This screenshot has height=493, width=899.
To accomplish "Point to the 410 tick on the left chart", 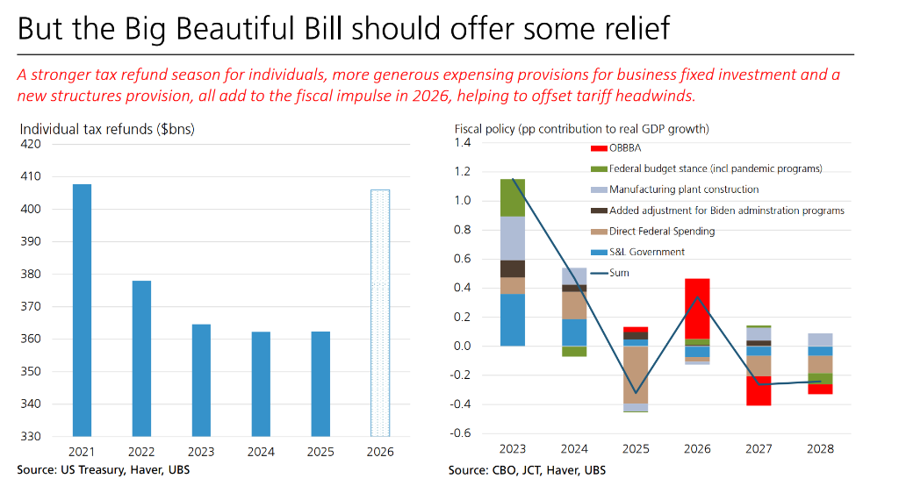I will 31,176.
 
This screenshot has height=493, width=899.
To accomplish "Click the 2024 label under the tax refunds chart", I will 261,452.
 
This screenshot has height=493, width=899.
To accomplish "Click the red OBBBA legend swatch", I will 600,147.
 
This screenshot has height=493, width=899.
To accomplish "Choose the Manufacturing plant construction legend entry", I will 684,189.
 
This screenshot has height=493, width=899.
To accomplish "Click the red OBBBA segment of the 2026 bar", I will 698,308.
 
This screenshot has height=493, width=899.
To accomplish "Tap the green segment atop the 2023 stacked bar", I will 513,197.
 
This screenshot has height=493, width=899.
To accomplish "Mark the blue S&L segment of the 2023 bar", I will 513,319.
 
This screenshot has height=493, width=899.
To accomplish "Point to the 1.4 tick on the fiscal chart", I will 463,143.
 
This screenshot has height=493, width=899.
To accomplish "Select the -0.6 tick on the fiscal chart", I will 461,433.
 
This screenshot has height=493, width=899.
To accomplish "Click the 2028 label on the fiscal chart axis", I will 819,449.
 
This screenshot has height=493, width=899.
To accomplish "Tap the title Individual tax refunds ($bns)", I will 107,129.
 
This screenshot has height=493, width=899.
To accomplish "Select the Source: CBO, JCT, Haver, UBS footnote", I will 527,470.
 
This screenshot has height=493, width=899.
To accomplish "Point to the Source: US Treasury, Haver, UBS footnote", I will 103,470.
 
